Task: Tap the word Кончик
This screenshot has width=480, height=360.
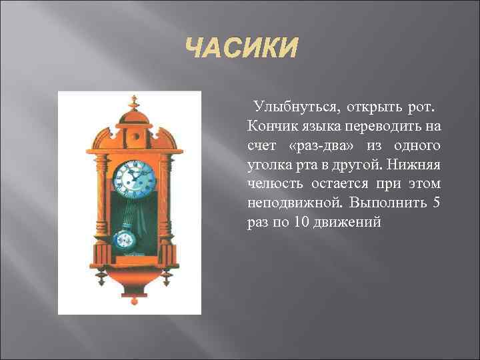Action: click(x=271, y=127)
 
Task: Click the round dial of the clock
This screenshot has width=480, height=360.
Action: click(x=136, y=177)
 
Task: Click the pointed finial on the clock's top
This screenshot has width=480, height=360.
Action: click(x=134, y=101)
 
